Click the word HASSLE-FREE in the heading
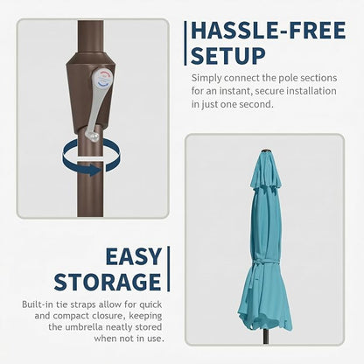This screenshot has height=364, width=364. pos(269,31)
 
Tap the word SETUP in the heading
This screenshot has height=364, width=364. pos(228,55)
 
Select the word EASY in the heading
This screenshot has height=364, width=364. pos(134,256)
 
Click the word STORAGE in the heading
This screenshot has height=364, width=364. pos(108,282)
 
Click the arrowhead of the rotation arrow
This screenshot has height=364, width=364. pos(94,170)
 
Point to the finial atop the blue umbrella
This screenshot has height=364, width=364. pos(265,151)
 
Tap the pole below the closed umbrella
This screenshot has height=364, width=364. pos(265,336)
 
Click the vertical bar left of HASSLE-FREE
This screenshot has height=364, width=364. pos(185,43)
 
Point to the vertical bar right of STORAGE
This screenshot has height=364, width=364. pos(168,269)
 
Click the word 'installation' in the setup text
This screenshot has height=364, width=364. pos(311,91)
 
